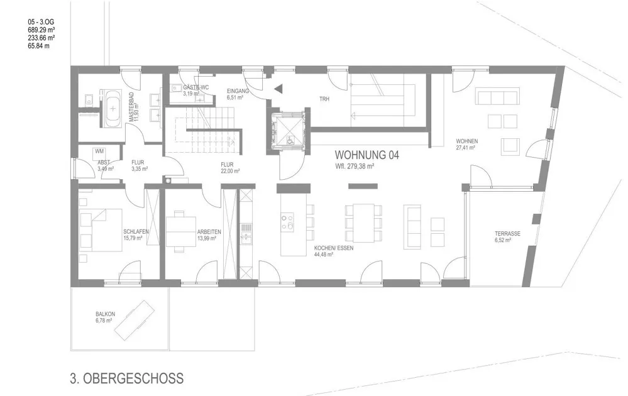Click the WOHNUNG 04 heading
[x=366, y=155]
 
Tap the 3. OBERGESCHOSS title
[x=127, y=378]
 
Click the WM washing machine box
[x=99, y=151]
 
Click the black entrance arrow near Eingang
[x=278, y=89]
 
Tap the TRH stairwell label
[x=324, y=99]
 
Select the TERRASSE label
[x=507, y=234]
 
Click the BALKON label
[x=106, y=314]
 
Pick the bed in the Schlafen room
[x=101, y=230]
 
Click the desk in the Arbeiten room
[x=181, y=232]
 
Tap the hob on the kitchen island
[x=287, y=223]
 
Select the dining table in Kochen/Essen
[x=364, y=223]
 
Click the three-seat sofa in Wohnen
[x=497, y=97]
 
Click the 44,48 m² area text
[x=324, y=254]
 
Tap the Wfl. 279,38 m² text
[x=355, y=166]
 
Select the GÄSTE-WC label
[x=196, y=87]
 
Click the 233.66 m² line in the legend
[x=41, y=38]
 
